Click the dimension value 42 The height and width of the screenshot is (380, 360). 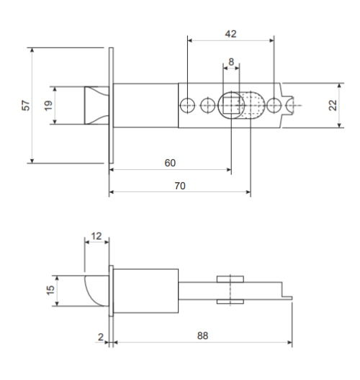tap(230, 34)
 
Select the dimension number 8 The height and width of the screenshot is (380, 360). tap(231, 63)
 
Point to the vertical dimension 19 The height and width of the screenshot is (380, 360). tap(48, 105)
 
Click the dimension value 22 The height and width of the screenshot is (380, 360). tap(332, 105)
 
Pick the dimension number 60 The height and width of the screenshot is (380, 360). tap(170, 163)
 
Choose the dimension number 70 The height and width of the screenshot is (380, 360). tap(180, 185)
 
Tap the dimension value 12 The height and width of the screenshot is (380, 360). tap(96, 235)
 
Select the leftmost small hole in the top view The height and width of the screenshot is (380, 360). tap(187, 105)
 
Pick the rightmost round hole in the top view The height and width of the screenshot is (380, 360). tap(274, 105)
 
